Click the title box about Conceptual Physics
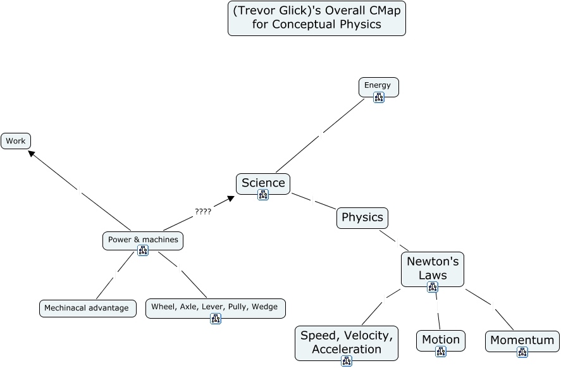[316, 18]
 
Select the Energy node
[378, 85]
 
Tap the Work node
[16, 141]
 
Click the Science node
[263, 183]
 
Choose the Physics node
[362, 218]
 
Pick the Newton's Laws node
[433, 267]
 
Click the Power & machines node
[143, 240]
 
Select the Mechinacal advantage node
[87, 309]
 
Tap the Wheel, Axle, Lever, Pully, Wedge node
[215, 307]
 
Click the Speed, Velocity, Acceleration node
[347, 341]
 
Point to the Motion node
[441, 340]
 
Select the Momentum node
[522, 340]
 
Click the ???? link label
[203, 212]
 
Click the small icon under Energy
[379, 97]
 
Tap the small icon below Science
[263, 195]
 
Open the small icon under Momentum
[522, 352]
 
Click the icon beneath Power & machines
[143, 250]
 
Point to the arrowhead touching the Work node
[31, 153]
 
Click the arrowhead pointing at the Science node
[231, 199]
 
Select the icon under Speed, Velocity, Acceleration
[347, 361]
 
